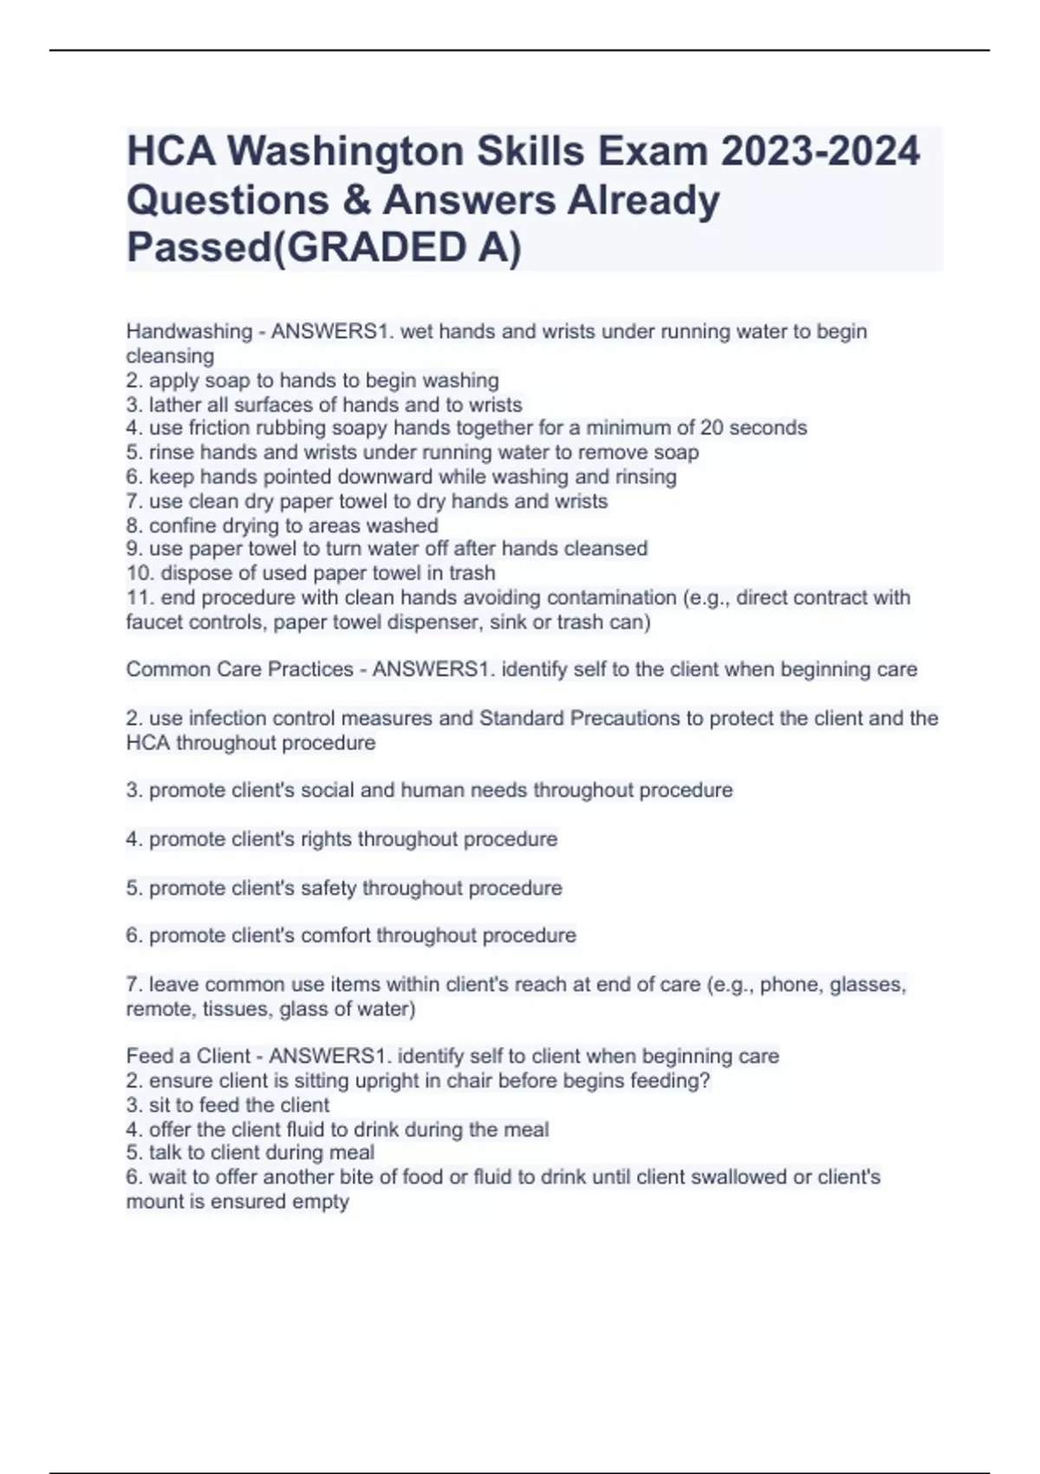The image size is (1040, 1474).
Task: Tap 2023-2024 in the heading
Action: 819,152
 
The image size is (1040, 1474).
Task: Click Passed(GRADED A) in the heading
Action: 324,248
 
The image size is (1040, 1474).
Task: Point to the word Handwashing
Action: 189,331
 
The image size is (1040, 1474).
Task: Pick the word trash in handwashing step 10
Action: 472,573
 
